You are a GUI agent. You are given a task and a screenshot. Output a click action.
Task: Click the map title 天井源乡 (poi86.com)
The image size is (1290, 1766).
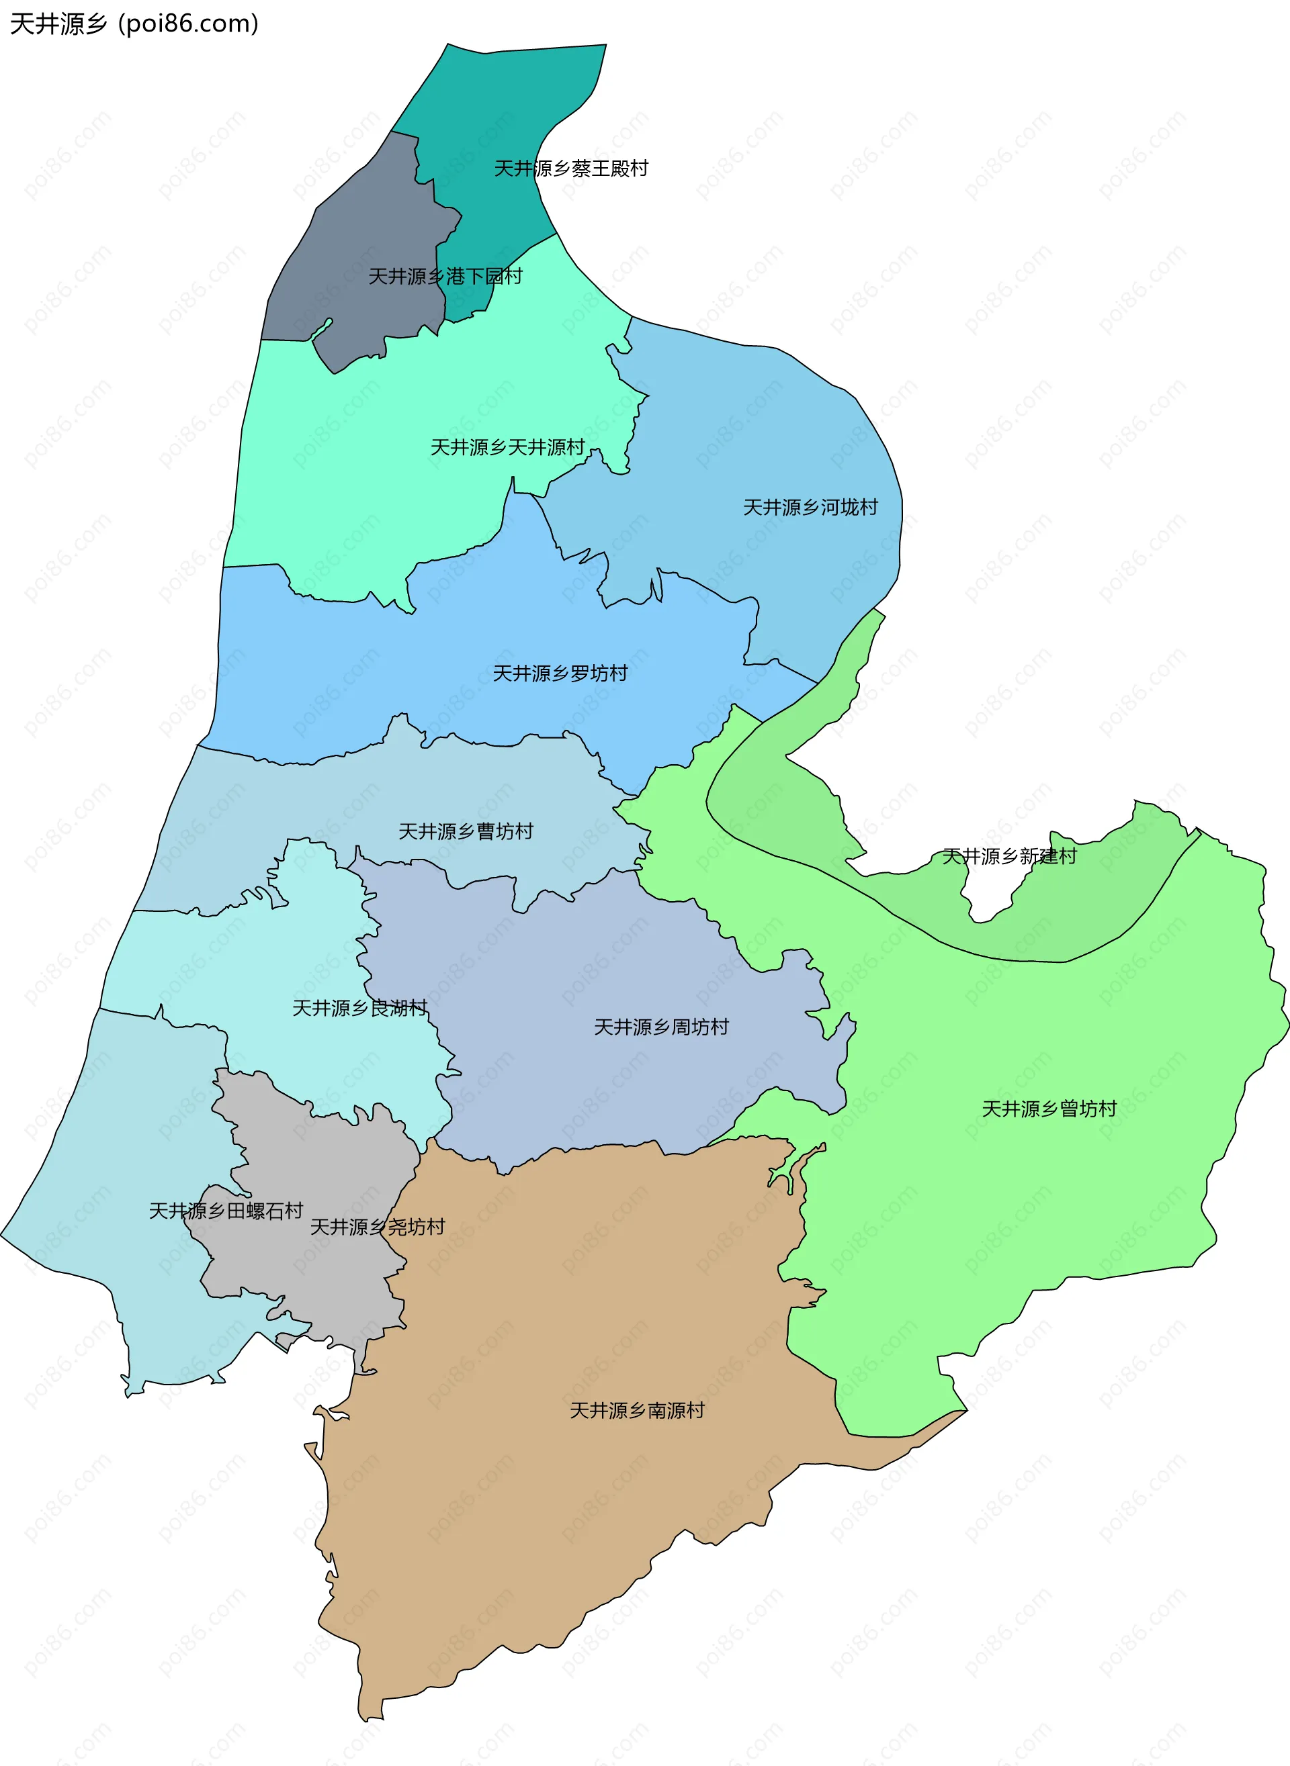pos(134,24)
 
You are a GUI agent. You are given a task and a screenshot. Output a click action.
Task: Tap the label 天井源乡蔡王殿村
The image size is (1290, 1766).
pos(571,169)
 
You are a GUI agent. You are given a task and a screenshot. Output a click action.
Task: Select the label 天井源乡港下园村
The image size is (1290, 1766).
pos(445,276)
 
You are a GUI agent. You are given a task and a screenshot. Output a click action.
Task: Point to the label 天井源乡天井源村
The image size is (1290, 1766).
pos(507,447)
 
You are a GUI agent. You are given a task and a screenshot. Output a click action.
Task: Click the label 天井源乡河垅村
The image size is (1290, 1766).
pos(810,507)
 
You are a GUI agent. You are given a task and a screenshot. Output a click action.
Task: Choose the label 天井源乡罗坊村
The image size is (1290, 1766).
pos(560,673)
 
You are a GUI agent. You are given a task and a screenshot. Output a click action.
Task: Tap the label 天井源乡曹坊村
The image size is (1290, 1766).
pos(466,832)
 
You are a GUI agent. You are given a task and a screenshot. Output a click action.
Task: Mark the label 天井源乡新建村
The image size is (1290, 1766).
pos(1009,856)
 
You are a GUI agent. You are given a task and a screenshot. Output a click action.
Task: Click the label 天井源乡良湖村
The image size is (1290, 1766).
pos(359,1009)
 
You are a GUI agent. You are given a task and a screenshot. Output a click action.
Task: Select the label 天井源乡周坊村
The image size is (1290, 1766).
pos(660,1027)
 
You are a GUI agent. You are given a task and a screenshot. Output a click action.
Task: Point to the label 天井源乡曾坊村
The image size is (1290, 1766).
pos(1049,1109)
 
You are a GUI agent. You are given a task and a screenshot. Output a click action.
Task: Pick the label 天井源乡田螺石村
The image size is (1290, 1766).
pos(226,1211)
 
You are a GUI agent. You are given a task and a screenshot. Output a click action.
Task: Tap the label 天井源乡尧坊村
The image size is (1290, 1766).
pos(377,1227)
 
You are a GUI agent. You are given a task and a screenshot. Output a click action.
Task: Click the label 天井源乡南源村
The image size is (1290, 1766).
pos(636,1411)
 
